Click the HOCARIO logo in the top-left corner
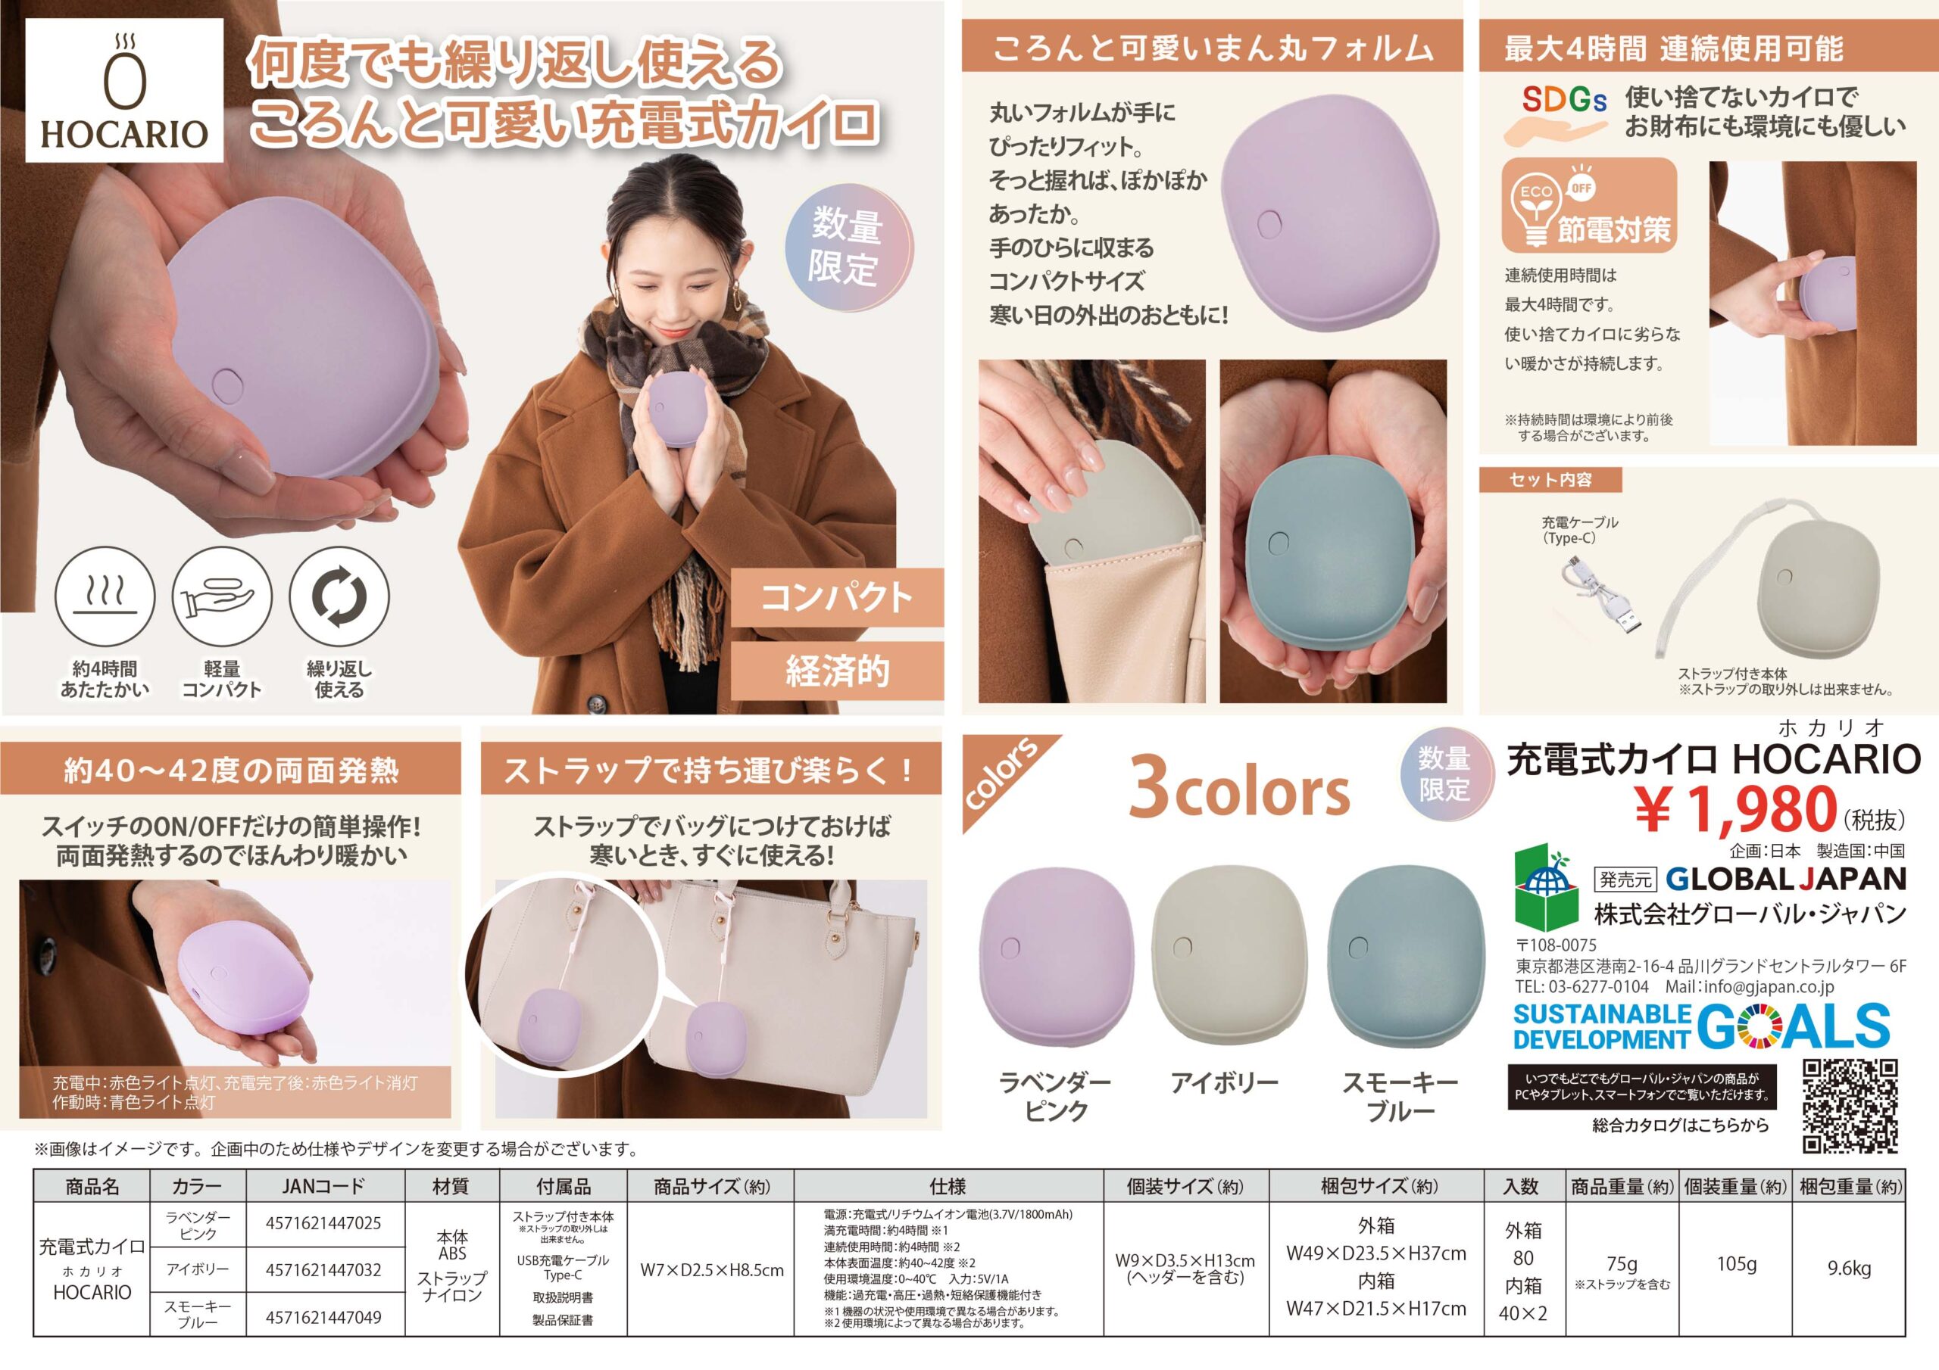pyautogui.click(x=124, y=90)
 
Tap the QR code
pyautogui.click(x=1850, y=1106)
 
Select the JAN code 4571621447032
pyautogui.click(x=323, y=1269)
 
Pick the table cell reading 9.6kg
pyautogui.click(x=1850, y=1269)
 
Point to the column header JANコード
pyautogui.click(x=323, y=1186)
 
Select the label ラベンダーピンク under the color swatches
pyautogui.click(x=1055, y=1096)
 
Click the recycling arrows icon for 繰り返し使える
pyautogui.click(x=339, y=596)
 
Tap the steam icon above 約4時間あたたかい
pyautogui.click(x=105, y=594)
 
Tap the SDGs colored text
pyautogui.click(x=1564, y=100)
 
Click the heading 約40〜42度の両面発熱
pyautogui.click(x=230, y=770)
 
